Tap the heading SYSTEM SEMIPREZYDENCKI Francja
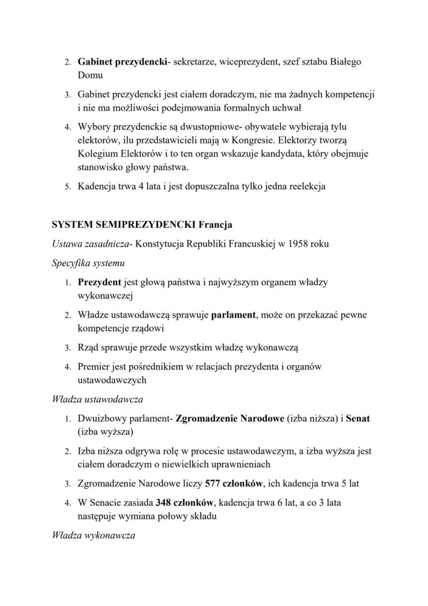142,225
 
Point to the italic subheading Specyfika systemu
88,263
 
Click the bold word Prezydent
99,282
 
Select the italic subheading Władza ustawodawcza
98,400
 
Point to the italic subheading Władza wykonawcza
94,535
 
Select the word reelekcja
304,186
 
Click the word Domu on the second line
90,75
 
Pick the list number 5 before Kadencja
67,187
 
